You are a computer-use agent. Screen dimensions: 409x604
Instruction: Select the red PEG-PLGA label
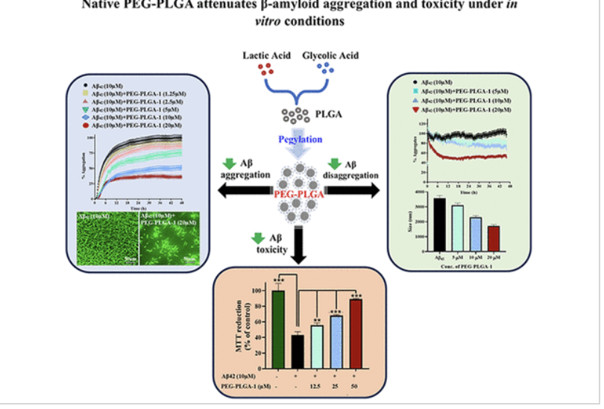(x=301, y=193)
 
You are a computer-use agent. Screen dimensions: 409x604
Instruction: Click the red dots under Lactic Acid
(x=263, y=72)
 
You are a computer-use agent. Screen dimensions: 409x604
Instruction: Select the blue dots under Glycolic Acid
(x=325, y=72)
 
